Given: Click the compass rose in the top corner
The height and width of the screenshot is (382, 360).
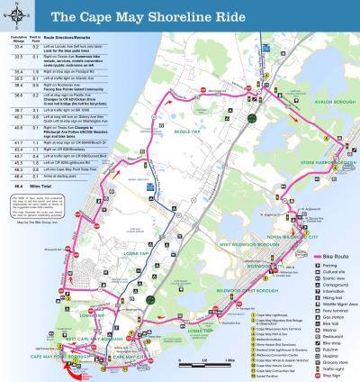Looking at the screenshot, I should click(x=15, y=15).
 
